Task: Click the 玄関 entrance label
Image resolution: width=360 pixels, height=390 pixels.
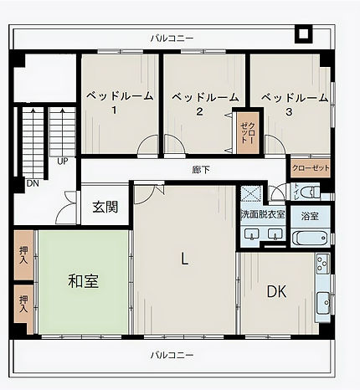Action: tap(105, 207)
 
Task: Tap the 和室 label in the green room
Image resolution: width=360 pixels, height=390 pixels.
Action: tap(84, 281)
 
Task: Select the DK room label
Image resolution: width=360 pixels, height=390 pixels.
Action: tap(276, 292)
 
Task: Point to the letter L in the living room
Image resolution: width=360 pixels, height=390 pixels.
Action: tap(184, 259)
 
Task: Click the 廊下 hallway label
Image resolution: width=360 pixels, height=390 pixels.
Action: tap(201, 170)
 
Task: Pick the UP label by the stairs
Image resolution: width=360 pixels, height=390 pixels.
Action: tap(63, 162)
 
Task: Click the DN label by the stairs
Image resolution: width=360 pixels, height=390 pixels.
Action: tap(33, 183)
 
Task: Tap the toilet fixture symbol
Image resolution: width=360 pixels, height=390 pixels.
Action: tap(313, 192)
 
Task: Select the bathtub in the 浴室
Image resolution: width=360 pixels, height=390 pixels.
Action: tap(310, 238)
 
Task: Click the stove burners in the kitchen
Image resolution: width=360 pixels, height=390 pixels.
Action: tap(322, 264)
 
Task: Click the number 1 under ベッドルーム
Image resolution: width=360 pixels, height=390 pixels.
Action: tap(114, 110)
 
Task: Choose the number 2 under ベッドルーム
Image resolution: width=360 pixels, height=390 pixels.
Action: tap(199, 111)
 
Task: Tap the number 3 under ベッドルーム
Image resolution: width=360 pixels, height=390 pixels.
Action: tap(289, 111)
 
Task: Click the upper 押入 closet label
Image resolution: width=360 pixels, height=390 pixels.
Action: tap(23, 255)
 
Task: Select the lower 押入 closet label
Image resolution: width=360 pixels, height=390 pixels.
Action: tap(23, 304)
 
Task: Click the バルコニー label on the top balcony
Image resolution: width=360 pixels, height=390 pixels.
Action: tap(172, 38)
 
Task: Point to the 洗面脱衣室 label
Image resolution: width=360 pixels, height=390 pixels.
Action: tap(263, 214)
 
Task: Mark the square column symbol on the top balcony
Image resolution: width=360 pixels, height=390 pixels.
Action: tap(304, 33)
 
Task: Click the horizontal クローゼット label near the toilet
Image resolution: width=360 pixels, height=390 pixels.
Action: tap(311, 168)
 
